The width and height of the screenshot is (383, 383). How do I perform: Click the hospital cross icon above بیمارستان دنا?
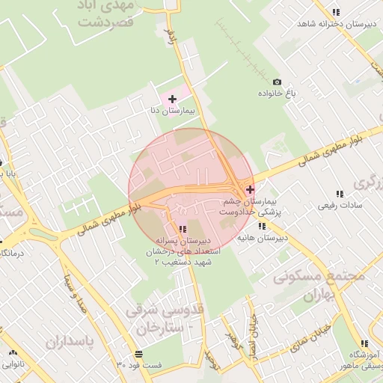point(172,99)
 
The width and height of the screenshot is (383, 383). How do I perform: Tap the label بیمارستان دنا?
point(173,111)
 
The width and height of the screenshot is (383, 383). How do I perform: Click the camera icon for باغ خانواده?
point(278,82)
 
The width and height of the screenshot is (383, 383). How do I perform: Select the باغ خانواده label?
point(278,93)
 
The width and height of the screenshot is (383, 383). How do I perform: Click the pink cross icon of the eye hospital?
point(249,190)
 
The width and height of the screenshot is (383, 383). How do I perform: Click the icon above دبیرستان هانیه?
point(262,227)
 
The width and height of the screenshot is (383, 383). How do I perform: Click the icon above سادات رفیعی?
point(340,194)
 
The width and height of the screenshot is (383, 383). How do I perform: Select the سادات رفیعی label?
point(340,205)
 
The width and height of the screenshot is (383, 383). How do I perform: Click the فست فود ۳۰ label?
point(139,365)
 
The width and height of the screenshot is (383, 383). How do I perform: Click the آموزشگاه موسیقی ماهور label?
point(362,360)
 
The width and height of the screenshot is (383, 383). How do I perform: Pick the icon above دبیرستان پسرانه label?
point(183,228)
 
